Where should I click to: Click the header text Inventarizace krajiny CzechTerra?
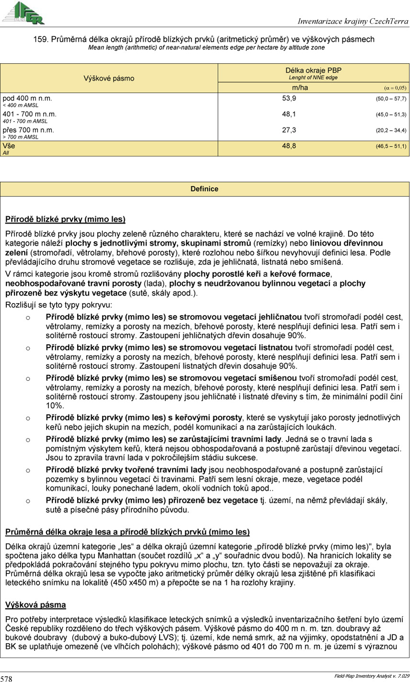353,21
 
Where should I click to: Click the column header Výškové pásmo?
109,78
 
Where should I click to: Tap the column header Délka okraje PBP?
313,70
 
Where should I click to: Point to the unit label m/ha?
300,88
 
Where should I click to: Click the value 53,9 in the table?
289,98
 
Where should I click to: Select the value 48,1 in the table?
289,114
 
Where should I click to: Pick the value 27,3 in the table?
289,130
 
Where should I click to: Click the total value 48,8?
289,146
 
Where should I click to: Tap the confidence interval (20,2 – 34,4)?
391,130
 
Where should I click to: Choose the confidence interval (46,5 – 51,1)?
391,146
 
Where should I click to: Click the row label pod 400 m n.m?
27,99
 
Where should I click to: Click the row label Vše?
9,145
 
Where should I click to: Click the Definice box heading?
205,189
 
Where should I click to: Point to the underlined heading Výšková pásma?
35,605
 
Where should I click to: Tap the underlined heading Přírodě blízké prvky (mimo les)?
65,219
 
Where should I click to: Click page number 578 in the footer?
6,678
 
